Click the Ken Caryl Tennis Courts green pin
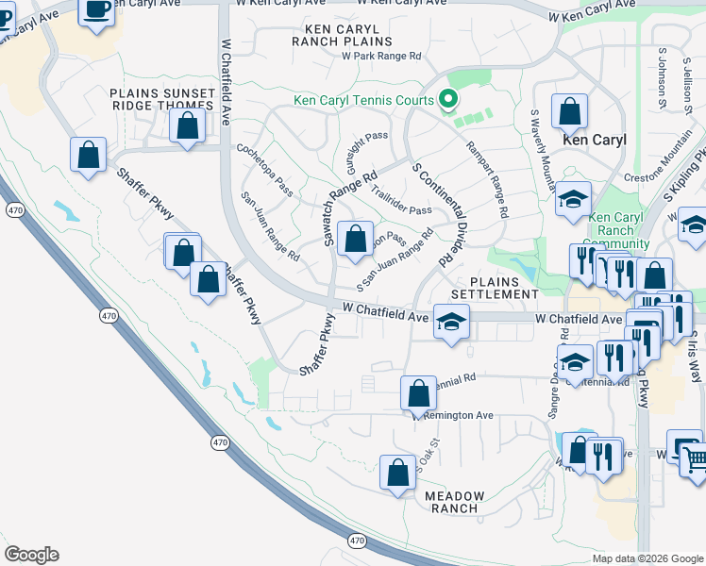(448, 98)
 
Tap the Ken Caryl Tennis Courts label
(363, 101)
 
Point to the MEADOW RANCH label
(454, 502)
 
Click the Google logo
(31, 555)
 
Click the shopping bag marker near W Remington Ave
(417, 393)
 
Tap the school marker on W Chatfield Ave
(451, 321)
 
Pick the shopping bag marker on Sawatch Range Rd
(355, 240)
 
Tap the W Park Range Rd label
(380, 57)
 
